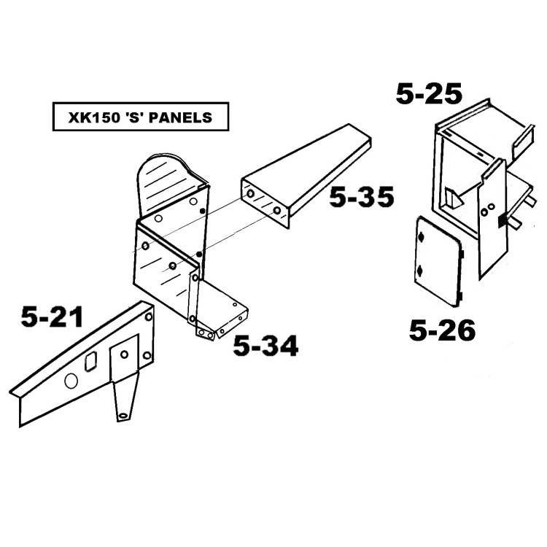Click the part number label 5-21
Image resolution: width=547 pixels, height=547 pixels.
(52, 317)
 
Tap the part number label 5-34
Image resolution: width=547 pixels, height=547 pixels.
(265, 346)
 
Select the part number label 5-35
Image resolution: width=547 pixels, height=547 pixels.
(362, 197)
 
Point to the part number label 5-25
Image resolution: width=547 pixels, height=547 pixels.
(429, 93)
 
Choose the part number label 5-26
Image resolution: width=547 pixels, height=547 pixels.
(442, 330)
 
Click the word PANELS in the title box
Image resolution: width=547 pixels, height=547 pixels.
(180, 117)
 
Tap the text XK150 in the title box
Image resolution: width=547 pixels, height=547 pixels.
(92, 117)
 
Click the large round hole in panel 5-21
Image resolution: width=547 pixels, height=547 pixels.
(71, 381)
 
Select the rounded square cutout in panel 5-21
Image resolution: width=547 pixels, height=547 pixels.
(90, 362)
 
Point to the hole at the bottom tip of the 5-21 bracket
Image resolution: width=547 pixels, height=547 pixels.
(123, 416)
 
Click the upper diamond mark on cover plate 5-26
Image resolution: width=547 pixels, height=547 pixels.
(422, 237)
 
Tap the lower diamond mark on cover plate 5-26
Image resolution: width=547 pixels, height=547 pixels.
(420, 270)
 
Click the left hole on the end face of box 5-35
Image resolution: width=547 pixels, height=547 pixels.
(250, 194)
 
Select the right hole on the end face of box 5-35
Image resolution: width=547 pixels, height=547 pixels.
(277, 211)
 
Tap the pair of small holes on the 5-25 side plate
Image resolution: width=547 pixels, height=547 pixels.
(488, 210)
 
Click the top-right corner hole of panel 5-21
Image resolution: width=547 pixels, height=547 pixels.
(149, 317)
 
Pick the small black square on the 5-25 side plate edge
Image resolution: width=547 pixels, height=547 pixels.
(501, 220)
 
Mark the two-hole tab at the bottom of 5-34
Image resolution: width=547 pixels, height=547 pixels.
(206, 334)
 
